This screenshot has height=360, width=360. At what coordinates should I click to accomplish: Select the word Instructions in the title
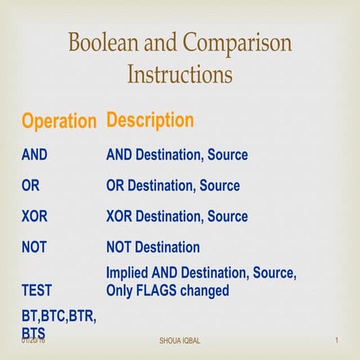pyautogui.click(x=180, y=74)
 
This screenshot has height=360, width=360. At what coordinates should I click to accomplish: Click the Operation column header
pyautogui.click(x=59, y=121)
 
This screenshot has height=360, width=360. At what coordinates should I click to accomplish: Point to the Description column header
pyautogui.click(x=150, y=120)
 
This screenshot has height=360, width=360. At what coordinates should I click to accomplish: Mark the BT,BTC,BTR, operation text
pyautogui.click(x=59, y=318)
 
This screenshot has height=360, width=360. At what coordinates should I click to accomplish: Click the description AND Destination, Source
pyautogui.click(x=177, y=156)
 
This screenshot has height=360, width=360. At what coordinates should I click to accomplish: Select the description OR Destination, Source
pyautogui.click(x=173, y=186)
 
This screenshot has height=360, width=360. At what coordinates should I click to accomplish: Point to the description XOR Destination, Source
pyautogui.click(x=177, y=217)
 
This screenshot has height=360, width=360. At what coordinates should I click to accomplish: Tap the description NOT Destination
pyautogui.click(x=153, y=247)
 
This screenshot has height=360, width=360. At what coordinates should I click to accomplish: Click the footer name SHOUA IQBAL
pyautogui.click(x=180, y=342)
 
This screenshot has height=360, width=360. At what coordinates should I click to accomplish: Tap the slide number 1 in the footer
pyautogui.click(x=337, y=342)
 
